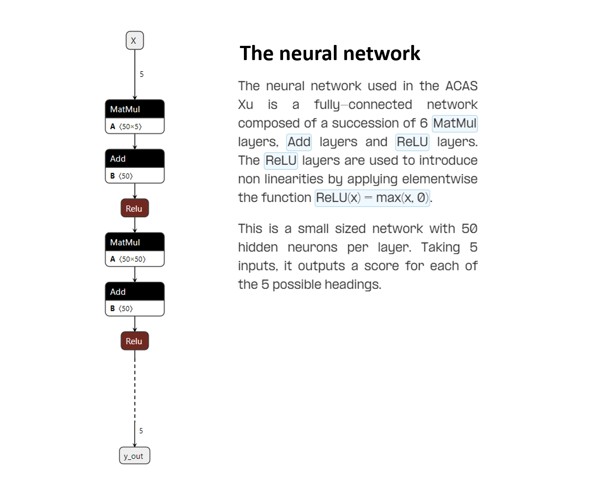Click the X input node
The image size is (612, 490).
pyautogui.click(x=134, y=40)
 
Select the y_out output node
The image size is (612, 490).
pyautogui.click(x=134, y=456)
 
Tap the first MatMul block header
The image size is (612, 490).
pyautogui.click(x=134, y=109)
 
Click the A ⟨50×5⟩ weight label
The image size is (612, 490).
pyautogui.click(x=126, y=126)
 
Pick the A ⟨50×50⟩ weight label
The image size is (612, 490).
pyautogui.click(x=128, y=259)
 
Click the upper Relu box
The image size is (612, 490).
pyautogui.click(x=134, y=208)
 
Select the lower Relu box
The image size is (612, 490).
pyautogui.click(x=134, y=341)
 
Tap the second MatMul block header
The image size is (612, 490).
pyautogui.click(x=134, y=242)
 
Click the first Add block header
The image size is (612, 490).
pyautogui.click(x=134, y=158)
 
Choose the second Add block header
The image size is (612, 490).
pyautogui.click(x=134, y=292)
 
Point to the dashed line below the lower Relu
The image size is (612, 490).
pyautogui.click(x=135, y=387)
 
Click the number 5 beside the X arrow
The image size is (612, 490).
pyautogui.click(x=142, y=74)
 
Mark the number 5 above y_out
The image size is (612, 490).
pyautogui.click(x=141, y=431)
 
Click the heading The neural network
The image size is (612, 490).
pyautogui.click(x=330, y=53)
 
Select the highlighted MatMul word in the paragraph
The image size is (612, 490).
pyautogui.click(x=454, y=123)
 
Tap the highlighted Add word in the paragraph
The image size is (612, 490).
pyautogui.click(x=299, y=142)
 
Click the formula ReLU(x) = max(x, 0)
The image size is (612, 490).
pyautogui.click(x=372, y=198)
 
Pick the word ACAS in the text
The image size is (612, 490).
pyautogui.click(x=461, y=86)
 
